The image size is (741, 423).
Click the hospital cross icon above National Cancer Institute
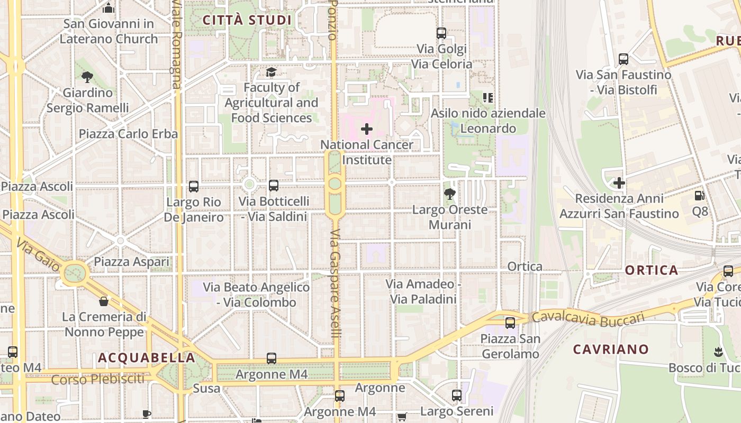367,128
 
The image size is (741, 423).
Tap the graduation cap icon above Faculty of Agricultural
271,72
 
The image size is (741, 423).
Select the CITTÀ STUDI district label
247,21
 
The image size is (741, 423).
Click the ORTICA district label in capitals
652,271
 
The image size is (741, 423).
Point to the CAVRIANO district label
611,350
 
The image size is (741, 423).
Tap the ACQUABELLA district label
147,358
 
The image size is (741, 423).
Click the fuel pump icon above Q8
699,196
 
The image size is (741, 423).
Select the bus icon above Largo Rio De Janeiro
194,186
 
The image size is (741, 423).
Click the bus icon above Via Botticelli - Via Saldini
274,186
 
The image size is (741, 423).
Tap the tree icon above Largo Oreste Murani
450,194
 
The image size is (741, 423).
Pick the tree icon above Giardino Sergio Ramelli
87,77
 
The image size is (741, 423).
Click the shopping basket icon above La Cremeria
104,301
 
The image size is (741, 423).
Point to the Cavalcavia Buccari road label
588,318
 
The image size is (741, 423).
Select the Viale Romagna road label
176,45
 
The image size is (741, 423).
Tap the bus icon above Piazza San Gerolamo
510,323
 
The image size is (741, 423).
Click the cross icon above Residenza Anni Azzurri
619,183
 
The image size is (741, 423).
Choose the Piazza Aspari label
132,262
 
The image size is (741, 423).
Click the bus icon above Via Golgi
441,33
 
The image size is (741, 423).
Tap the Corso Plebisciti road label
98,379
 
